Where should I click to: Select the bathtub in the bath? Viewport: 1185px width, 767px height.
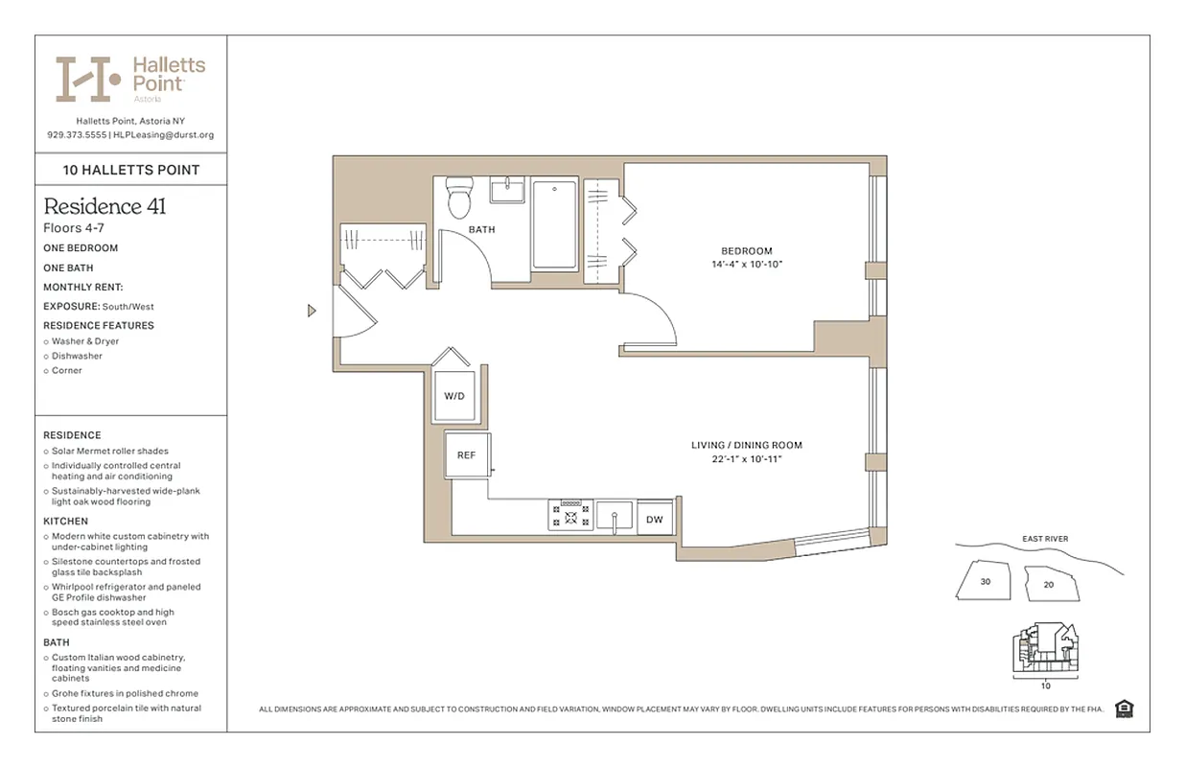pyautogui.click(x=554, y=225)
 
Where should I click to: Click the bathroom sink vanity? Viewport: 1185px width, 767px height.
pyautogui.click(x=507, y=190)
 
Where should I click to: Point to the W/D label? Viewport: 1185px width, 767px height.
pyautogui.click(x=453, y=396)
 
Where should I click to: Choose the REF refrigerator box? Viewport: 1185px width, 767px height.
pyautogui.click(x=467, y=454)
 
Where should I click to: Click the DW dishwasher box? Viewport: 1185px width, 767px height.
pyautogui.click(x=655, y=519)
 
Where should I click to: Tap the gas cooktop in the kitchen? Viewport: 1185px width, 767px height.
pyautogui.click(x=570, y=516)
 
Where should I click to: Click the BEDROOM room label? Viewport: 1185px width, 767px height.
pyautogui.click(x=747, y=251)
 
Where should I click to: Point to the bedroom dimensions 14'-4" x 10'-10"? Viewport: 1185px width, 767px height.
pyautogui.click(x=747, y=264)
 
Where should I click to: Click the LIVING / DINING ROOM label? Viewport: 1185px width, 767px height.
pyautogui.click(x=747, y=445)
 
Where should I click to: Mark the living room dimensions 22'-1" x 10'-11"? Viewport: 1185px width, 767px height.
pyautogui.click(x=747, y=459)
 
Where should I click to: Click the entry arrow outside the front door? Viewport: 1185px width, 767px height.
pyautogui.click(x=312, y=311)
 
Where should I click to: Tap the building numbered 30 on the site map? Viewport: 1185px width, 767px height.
pyautogui.click(x=985, y=581)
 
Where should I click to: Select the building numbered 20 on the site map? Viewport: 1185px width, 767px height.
pyautogui.click(x=1048, y=584)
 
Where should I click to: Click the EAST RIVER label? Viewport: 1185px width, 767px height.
pyautogui.click(x=1045, y=539)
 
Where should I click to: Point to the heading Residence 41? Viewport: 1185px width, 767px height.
pyautogui.click(x=105, y=206)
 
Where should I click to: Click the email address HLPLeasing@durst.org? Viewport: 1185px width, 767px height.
pyautogui.click(x=164, y=135)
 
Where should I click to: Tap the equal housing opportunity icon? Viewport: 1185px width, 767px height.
pyautogui.click(x=1125, y=709)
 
